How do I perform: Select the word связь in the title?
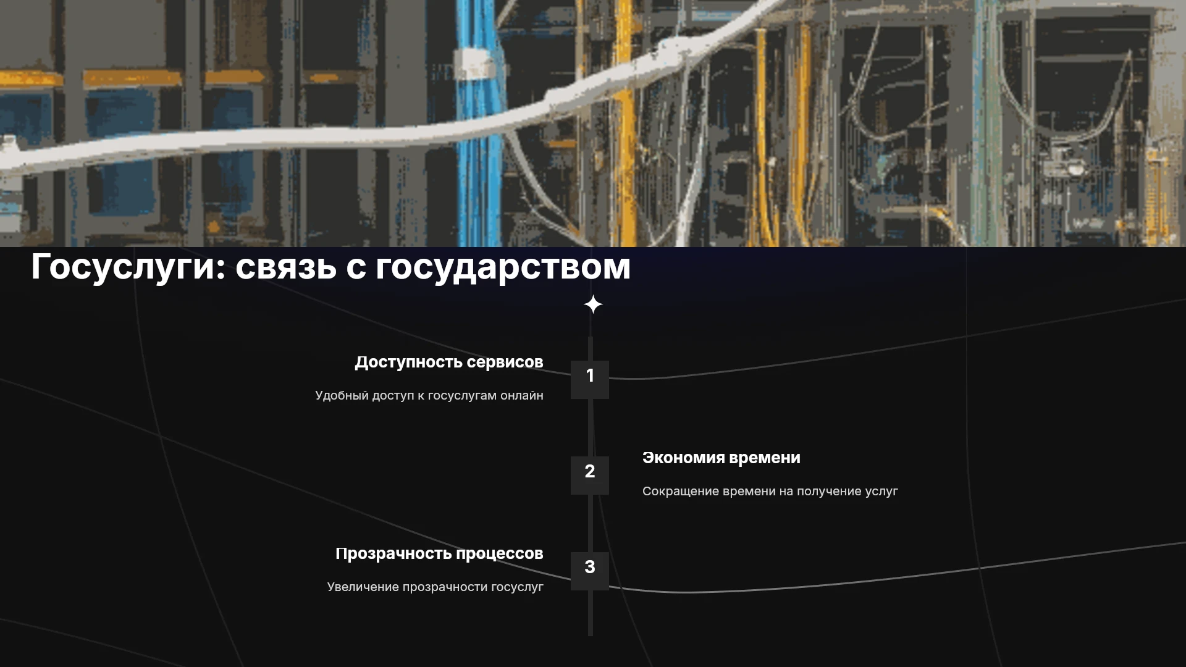point(286,267)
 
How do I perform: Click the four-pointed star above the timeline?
point(593,304)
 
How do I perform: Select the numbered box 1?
point(590,380)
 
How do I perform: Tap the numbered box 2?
point(590,476)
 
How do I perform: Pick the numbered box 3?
point(590,571)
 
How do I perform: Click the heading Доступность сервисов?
point(449,363)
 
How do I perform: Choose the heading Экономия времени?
point(721,458)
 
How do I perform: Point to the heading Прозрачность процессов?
point(439,554)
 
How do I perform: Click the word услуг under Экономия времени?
point(881,492)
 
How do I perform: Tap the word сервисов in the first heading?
point(505,363)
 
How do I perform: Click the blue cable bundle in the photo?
point(479,124)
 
